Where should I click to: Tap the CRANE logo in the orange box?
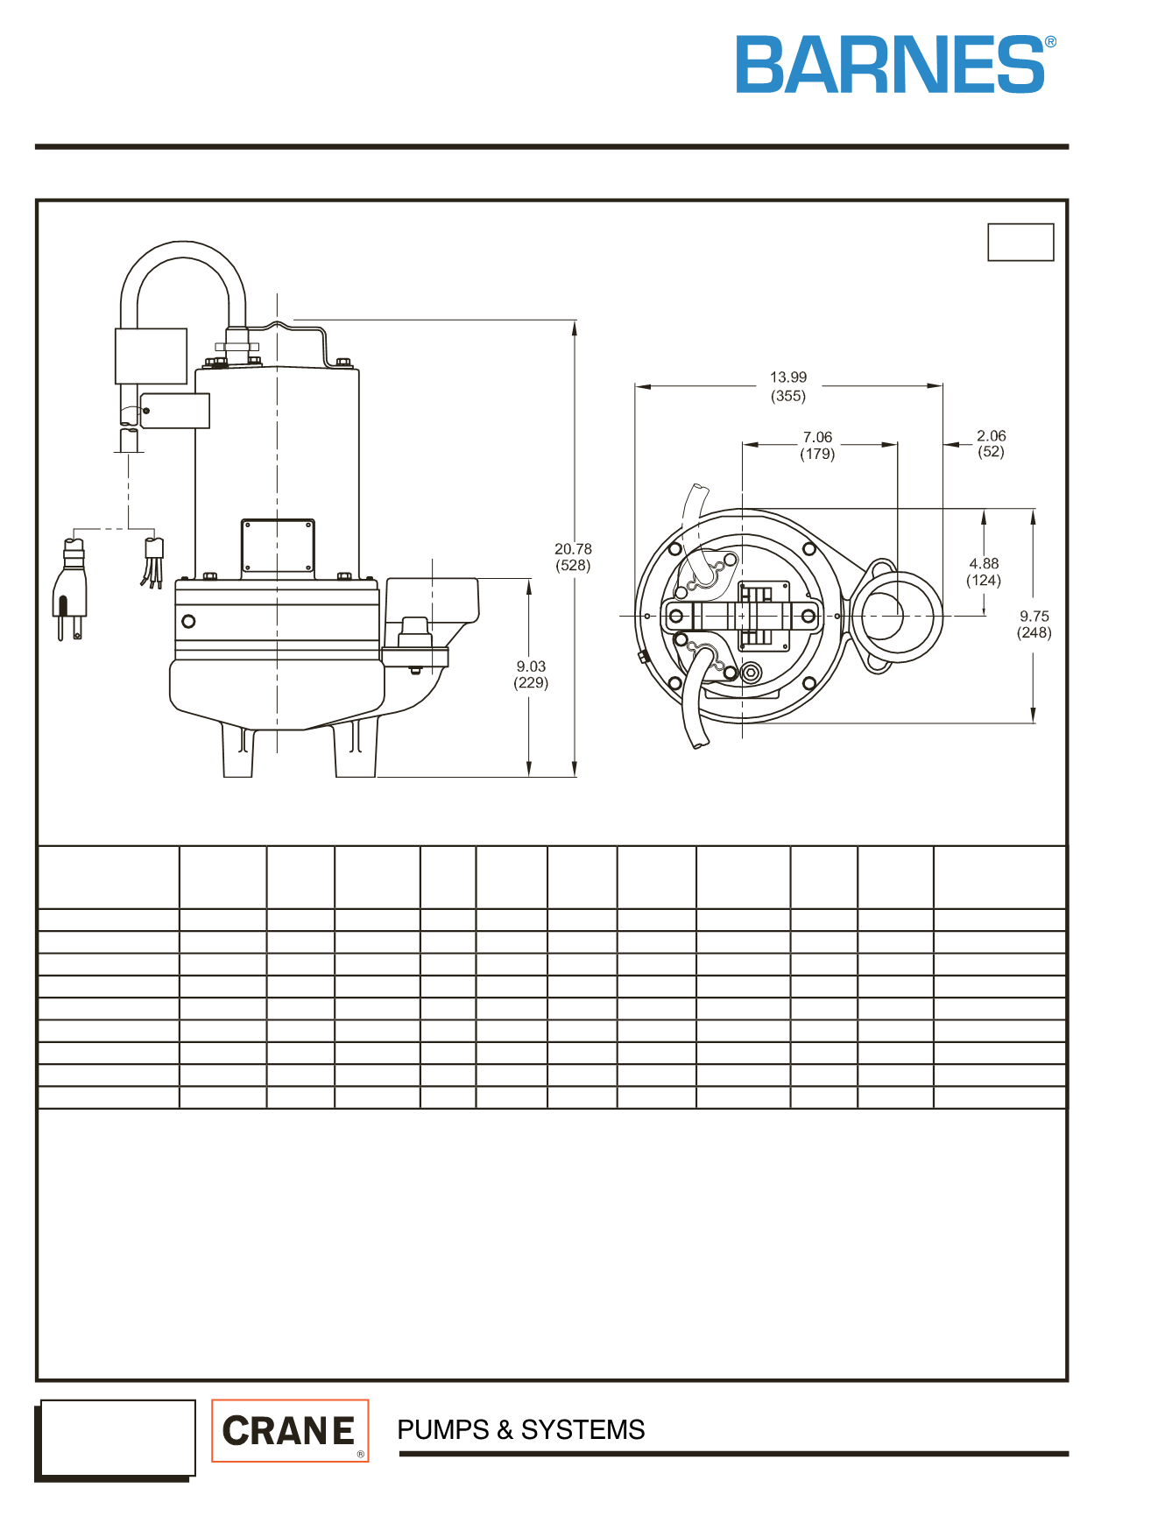[x=290, y=1430]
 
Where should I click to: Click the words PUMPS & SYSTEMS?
[x=520, y=1429]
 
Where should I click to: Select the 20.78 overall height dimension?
[x=573, y=557]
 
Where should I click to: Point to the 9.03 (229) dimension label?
[x=531, y=674]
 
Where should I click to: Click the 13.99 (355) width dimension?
[x=788, y=386]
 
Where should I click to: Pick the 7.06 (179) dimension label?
[x=817, y=445]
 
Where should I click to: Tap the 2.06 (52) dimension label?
[x=992, y=443]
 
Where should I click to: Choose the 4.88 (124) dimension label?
[x=984, y=572]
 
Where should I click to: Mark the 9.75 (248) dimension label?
[x=1034, y=624]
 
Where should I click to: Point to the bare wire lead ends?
[x=153, y=563]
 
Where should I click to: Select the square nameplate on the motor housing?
[x=278, y=546]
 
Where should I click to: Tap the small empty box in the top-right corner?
[x=1020, y=242]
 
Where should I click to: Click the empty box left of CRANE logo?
[x=117, y=1437]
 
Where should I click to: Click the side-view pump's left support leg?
[x=238, y=751]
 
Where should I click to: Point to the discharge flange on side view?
[x=415, y=658]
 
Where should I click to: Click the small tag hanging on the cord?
[x=175, y=411]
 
